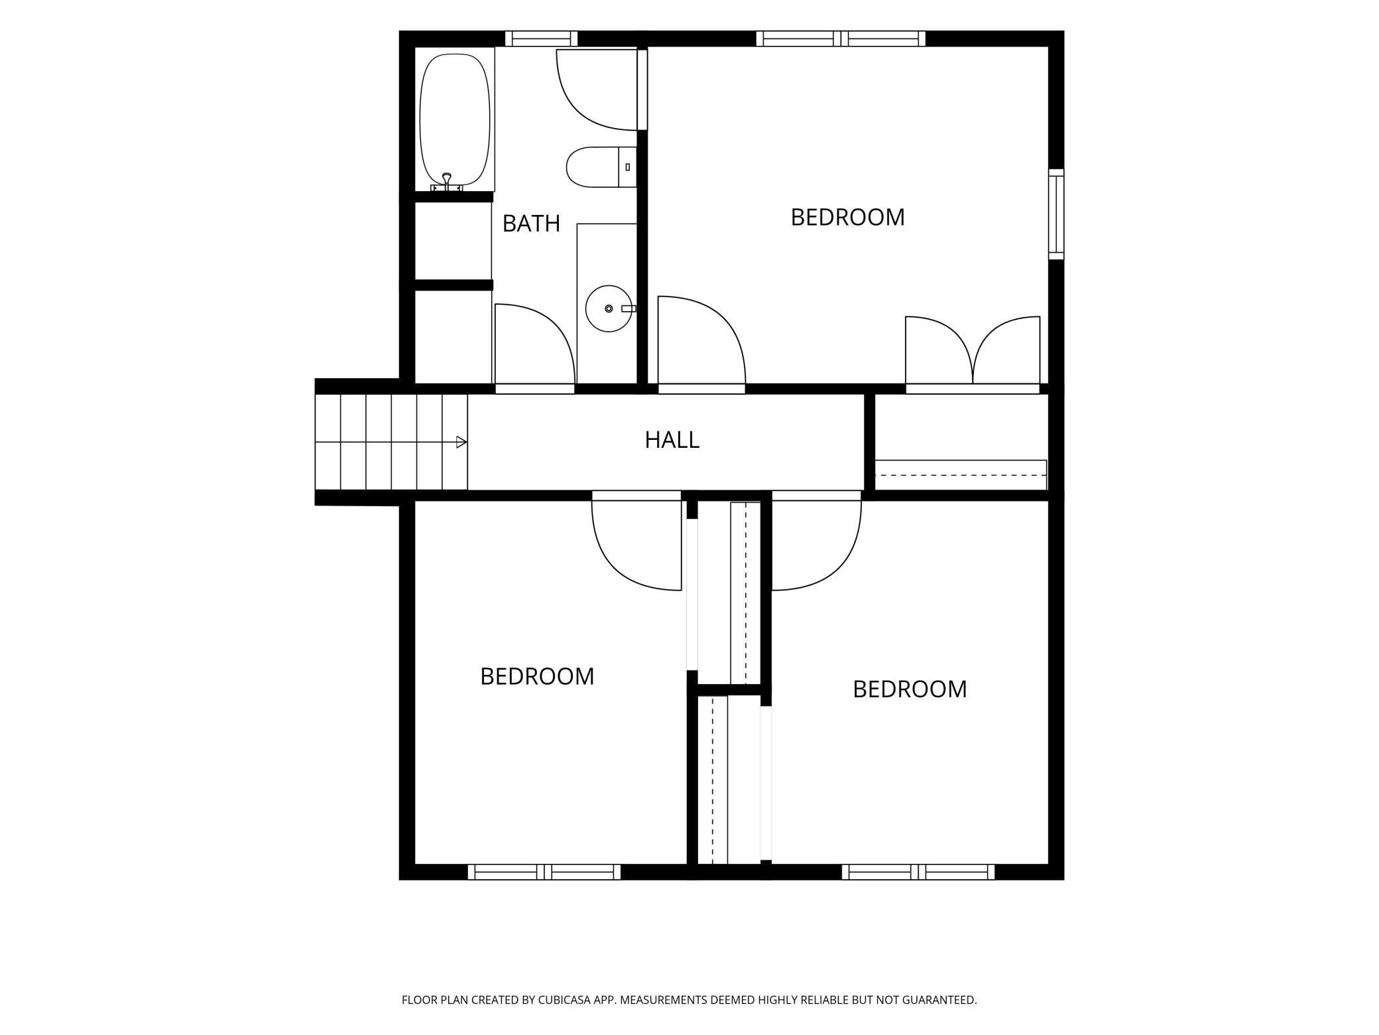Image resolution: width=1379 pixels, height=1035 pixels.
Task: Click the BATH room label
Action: (x=531, y=224)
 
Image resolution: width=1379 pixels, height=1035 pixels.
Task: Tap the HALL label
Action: (x=672, y=440)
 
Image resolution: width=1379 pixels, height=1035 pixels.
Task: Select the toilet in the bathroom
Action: (x=601, y=167)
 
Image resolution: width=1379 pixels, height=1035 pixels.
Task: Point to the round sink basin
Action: (x=609, y=309)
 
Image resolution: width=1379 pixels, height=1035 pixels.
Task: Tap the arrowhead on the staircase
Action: (x=462, y=443)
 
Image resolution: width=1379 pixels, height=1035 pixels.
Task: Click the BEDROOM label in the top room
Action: (x=847, y=218)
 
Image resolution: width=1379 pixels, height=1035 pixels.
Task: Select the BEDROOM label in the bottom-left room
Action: (x=537, y=677)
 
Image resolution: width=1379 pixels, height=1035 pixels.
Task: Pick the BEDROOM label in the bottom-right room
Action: (x=910, y=689)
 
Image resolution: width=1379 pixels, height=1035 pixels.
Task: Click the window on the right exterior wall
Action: (x=1056, y=214)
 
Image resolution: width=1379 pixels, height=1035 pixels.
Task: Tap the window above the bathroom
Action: (x=541, y=39)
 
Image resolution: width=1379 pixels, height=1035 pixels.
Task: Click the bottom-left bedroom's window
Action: (x=544, y=872)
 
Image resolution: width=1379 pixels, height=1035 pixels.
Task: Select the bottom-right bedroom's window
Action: (x=918, y=872)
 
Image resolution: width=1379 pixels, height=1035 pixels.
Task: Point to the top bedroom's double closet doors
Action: (x=973, y=352)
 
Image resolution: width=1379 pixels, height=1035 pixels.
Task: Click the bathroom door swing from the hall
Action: (x=534, y=345)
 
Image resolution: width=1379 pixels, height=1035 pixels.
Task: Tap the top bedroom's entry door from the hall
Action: (x=701, y=342)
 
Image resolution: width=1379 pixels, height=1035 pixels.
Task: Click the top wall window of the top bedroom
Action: (x=841, y=39)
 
